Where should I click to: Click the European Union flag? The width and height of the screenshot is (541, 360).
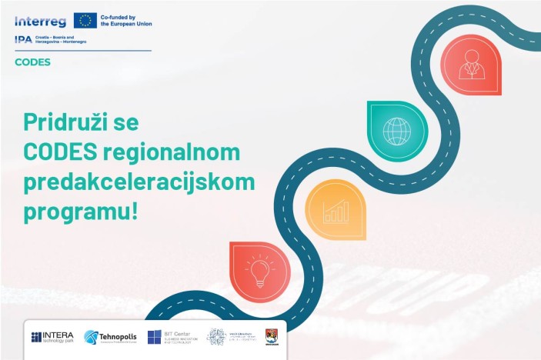pos(85,20)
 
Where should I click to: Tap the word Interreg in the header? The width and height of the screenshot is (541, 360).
pos(40,21)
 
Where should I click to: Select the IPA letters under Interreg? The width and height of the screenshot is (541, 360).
pos(23,39)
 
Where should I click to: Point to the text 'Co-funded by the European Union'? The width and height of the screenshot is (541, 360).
pos(126,21)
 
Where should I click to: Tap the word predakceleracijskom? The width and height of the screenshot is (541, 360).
pos(139,182)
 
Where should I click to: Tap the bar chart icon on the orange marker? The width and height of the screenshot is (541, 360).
pos(336,211)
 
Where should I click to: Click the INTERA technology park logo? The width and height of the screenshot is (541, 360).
pos(53,337)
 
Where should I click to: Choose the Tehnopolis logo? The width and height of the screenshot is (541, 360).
pos(111,337)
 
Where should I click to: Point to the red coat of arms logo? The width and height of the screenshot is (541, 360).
pos(271,337)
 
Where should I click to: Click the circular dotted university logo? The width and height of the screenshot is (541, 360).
pos(217,337)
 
